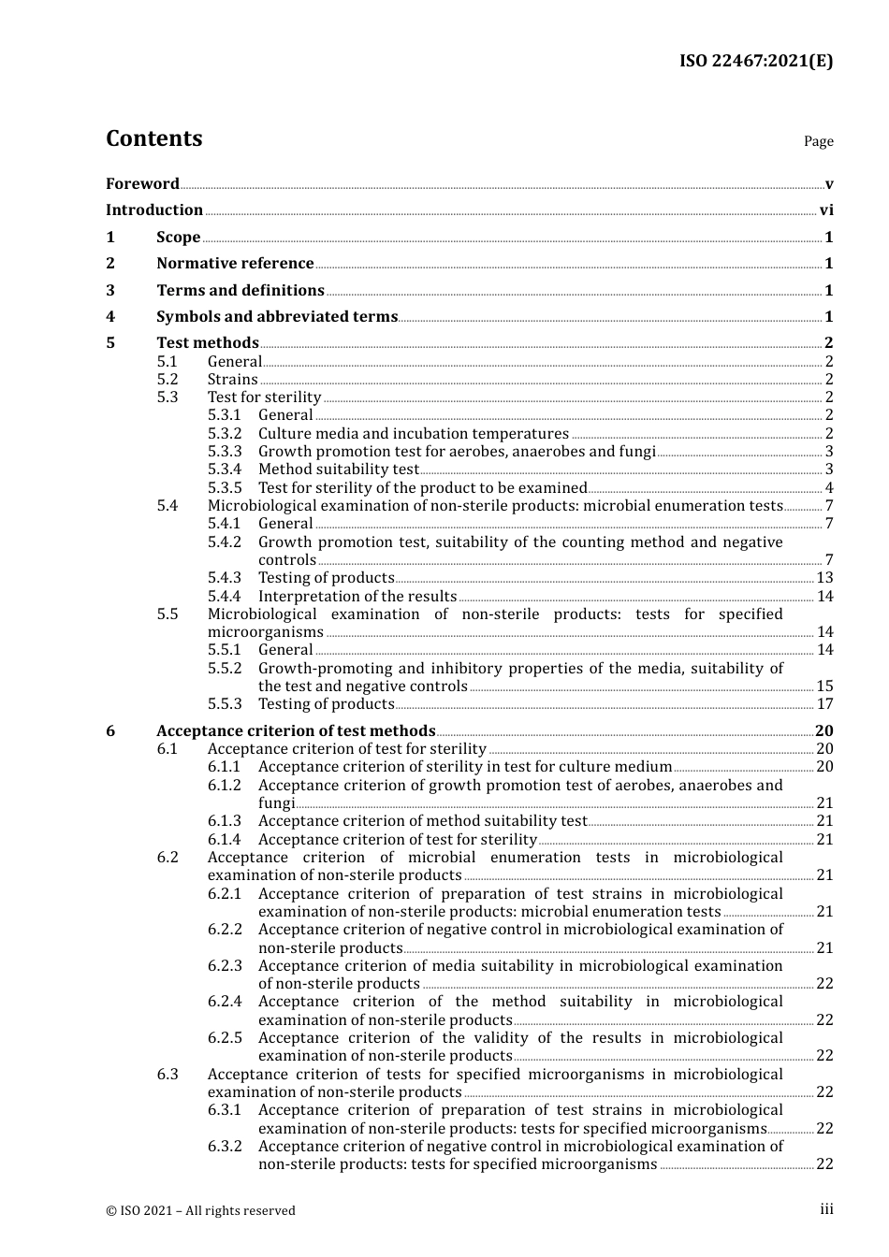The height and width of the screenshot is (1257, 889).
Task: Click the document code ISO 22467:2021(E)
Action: (755, 62)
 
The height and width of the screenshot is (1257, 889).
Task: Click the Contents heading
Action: (153, 138)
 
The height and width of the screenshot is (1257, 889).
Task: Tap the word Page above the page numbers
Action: (818, 141)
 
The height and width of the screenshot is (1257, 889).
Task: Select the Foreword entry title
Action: (142, 183)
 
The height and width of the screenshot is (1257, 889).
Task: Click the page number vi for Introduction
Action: (825, 210)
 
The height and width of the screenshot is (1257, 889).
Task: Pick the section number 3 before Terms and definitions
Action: (110, 290)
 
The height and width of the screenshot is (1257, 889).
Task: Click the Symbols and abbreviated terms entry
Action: (276, 317)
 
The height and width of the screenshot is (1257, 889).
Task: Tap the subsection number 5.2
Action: (167, 379)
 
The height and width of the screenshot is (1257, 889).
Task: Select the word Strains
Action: (232, 379)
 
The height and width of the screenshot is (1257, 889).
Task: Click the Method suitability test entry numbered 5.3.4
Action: (338, 470)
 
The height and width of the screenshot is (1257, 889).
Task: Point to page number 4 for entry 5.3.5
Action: (829, 488)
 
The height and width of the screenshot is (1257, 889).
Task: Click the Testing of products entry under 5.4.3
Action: (326, 578)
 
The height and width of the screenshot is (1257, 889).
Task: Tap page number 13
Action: (824, 578)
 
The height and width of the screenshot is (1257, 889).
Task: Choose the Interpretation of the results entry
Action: (357, 597)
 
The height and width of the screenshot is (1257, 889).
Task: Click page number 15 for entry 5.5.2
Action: (824, 686)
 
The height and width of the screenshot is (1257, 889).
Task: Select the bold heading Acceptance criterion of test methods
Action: (296, 731)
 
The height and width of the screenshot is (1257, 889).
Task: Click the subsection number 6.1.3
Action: (224, 821)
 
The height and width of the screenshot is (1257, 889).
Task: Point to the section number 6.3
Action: (167, 1075)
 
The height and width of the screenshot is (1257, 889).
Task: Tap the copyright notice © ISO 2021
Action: (200, 1210)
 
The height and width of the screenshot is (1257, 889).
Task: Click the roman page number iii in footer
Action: (826, 1209)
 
